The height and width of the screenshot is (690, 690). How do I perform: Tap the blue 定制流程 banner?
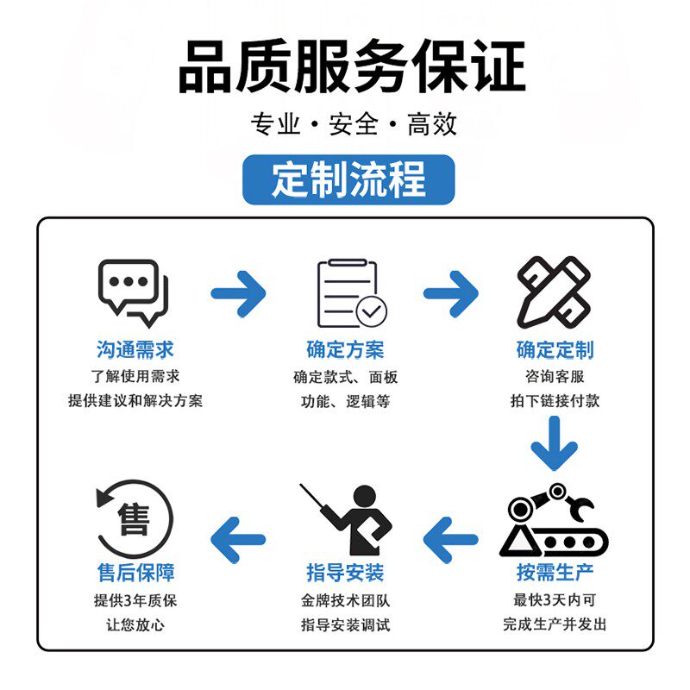pyautogui.click(x=348, y=180)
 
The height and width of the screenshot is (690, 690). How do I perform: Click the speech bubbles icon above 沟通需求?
pyautogui.click(x=135, y=292)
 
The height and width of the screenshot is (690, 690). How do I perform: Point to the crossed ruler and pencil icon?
pyautogui.click(x=554, y=291)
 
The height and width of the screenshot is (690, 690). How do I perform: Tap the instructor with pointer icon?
pyautogui.click(x=347, y=519)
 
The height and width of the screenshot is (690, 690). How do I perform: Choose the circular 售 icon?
pyautogui.click(x=135, y=519)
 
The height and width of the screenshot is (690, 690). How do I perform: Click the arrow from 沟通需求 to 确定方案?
pyautogui.click(x=238, y=293)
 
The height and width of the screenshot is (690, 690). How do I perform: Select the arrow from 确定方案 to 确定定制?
pyautogui.click(x=450, y=293)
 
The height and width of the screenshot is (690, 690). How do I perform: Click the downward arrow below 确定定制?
pyautogui.click(x=554, y=443)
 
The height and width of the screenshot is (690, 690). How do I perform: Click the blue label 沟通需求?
pyautogui.click(x=135, y=349)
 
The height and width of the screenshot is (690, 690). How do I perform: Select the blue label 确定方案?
pyautogui.click(x=345, y=349)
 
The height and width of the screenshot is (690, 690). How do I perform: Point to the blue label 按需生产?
pyautogui.click(x=555, y=572)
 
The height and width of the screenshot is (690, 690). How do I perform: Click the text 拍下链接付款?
pyautogui.click(x=555, y=401)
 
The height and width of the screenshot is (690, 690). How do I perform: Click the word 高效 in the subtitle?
pyautogui.click(x=432, y=125)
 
